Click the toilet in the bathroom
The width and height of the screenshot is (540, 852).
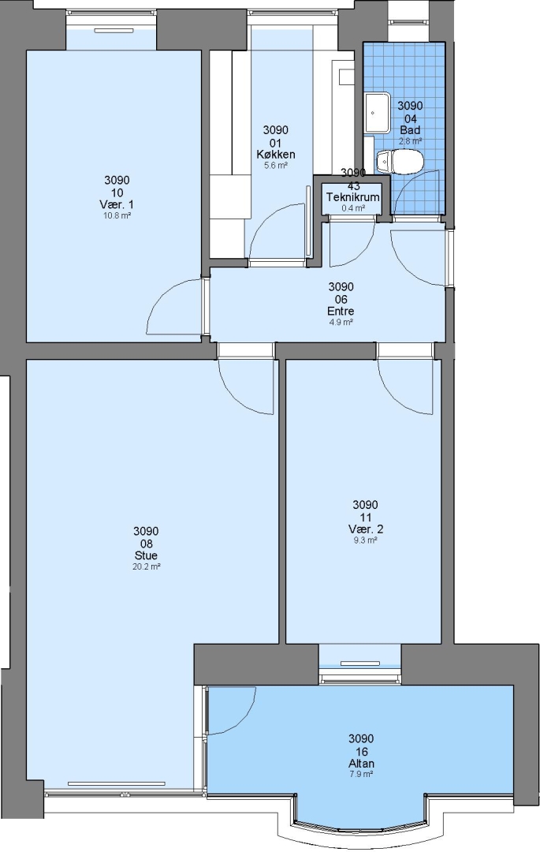(400, 162)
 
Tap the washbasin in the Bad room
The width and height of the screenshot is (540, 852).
(378, 113)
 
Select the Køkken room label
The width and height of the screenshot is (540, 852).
(276, 155)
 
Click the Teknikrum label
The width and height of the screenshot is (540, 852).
(352, 197)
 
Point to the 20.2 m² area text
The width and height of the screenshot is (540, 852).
(147, 566)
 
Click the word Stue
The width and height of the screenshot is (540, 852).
(146, 555)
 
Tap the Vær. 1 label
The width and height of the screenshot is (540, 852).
(117, 204)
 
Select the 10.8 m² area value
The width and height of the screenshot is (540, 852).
(117, 215)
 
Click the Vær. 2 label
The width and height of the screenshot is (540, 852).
(365, 529)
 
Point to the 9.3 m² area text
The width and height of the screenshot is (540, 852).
(365, 540)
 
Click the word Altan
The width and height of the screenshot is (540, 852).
(362, 764)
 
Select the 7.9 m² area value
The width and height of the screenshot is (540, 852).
(362, 775)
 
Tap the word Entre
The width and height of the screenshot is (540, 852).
(341, 312)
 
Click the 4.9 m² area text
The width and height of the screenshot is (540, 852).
(341, 322)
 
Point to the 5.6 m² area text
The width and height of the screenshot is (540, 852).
(276, 165)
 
